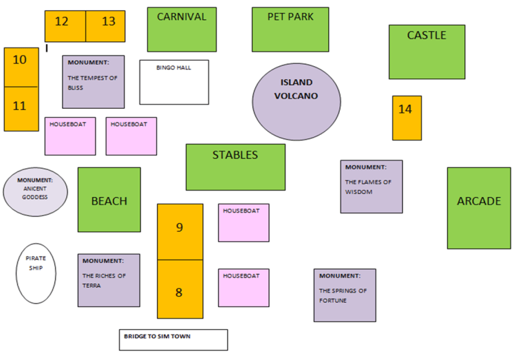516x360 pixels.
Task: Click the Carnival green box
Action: click(182, 30)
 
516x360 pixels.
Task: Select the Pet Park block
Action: click(290, 30)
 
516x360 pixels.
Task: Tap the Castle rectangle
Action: click(427, 52)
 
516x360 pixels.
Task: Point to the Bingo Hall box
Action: click(174, 83)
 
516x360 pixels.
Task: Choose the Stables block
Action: click(235, 167)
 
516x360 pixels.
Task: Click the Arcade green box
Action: click(480, 208)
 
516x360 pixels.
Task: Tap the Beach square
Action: click(109, 200)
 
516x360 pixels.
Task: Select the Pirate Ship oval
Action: click(36, 274)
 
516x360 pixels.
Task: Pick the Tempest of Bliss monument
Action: click(94, 82)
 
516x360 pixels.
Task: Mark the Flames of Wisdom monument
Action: click(372, 187)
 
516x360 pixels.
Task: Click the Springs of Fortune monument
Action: click(345, 295)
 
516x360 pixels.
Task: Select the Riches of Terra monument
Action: click(109, 281)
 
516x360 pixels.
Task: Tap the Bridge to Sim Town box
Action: click(173, 340)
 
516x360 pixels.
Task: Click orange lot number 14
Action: click(407, 118)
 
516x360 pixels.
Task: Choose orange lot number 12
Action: click(65, 26)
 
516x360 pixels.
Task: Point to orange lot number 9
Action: click(180, 232)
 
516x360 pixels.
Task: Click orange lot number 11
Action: click(21, 109)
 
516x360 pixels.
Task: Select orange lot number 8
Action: click(180, 289)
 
